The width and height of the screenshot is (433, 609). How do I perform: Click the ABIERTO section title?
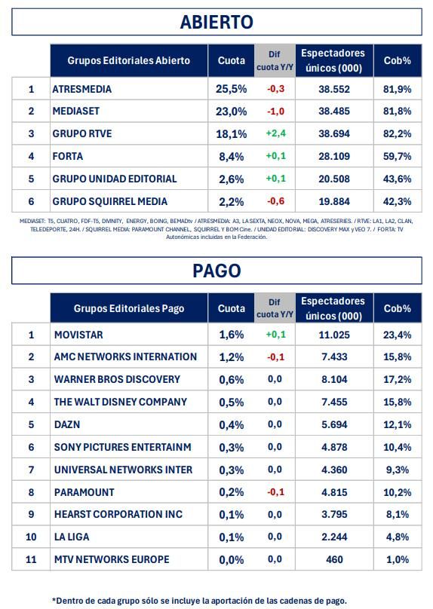click(x=216, y=22)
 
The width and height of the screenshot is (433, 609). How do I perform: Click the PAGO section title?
click(x=216, y=271)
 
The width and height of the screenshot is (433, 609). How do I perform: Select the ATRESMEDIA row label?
click(x=82, y=89)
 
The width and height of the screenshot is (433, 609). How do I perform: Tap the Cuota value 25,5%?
click(x=231, y=89)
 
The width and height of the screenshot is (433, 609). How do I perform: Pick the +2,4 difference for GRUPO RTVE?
click(x=275, y=134)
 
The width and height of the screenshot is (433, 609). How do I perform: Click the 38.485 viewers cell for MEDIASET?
click(x=335, y=112)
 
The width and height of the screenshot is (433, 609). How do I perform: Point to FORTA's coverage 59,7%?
click(x=398, y=157)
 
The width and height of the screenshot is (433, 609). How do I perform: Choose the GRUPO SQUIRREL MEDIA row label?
click(x=110, y=201)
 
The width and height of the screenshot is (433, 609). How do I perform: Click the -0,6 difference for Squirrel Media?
click(x=275, y=201)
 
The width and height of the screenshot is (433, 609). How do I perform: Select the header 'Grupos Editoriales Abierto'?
click(x=129, y=60)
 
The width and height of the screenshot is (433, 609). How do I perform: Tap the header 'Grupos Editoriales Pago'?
click(x=129, y=308)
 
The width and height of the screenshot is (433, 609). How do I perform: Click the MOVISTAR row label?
click(x=78, y=335)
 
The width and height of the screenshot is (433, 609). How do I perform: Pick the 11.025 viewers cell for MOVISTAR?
click(x=335, y=335)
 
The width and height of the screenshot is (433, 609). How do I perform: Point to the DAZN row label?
click(x=68, y=424)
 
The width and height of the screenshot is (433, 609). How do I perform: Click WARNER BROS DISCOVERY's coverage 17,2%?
click(x=398, y=379)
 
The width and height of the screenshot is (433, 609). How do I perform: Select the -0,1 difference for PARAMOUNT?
click(x=275, y=492)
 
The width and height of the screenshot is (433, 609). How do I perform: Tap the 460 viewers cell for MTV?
click(x=335, y=559)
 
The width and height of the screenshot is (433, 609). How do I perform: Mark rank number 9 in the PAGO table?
click(x=32, y=515)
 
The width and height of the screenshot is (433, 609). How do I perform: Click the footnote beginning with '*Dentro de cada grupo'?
click(x=199, y=600)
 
